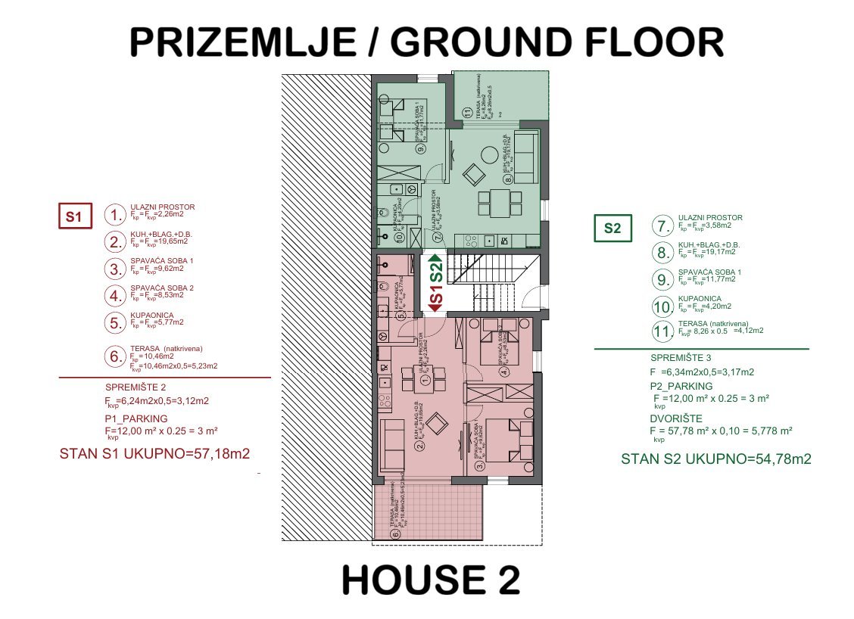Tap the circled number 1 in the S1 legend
(x=114, y=215)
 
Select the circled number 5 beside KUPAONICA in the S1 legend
(x=114, y=323)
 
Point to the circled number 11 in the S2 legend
(x=662, y=331)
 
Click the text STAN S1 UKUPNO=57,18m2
(x=154, y=454)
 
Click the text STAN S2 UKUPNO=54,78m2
(x=716, y=459)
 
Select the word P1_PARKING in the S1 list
(x=136, y=418)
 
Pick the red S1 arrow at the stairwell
(x=435, y=299)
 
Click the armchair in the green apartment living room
(x=473, y=176)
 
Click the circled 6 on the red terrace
(x=394, y=534)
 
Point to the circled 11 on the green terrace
(x=467, y=114)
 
